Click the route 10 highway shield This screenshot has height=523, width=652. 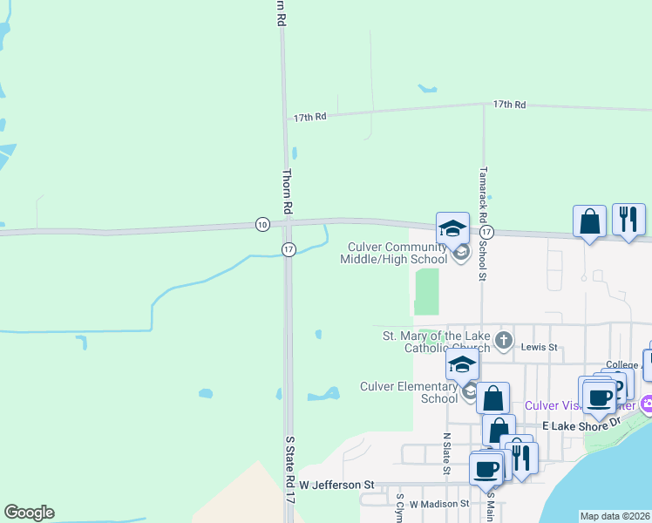point(262,224)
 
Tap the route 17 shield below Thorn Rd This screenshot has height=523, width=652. point(289,250)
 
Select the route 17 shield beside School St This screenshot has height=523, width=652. point(486,233)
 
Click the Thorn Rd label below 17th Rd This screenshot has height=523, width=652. point(285,192)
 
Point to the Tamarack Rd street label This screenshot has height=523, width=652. point(482,187)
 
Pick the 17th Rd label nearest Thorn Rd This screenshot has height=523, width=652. point(309,116)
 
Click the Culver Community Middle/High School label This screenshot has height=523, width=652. point(397,253)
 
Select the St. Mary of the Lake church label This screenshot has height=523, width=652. point(438,342)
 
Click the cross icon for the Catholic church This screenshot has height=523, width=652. point(503,339)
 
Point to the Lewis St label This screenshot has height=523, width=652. point(539,347)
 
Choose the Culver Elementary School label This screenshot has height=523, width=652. point(410,392)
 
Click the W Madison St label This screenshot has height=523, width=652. point(439,504)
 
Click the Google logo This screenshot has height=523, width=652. point(29,513)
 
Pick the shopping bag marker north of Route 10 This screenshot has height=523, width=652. point(589,221)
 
